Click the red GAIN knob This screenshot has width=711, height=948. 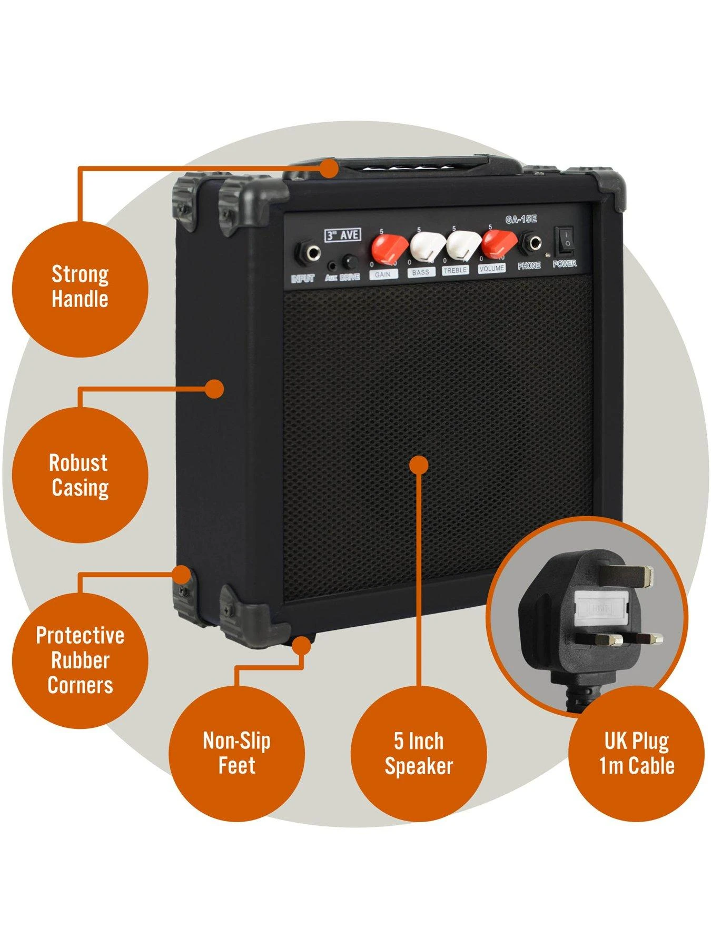pos(389,246)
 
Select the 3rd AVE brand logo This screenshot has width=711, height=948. pos(342,235)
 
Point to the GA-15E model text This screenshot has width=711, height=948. pos(520,220)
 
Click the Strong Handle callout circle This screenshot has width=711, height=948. pos(80,288)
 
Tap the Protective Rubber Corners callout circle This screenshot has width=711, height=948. pos(80,660)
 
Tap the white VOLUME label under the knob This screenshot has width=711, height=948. pos(492,268)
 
